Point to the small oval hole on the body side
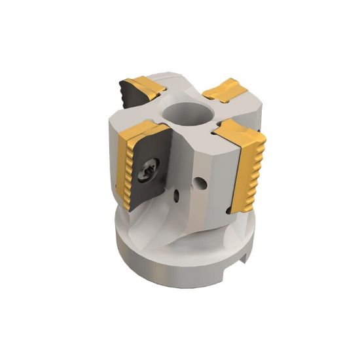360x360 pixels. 175,196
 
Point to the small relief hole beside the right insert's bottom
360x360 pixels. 227,209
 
